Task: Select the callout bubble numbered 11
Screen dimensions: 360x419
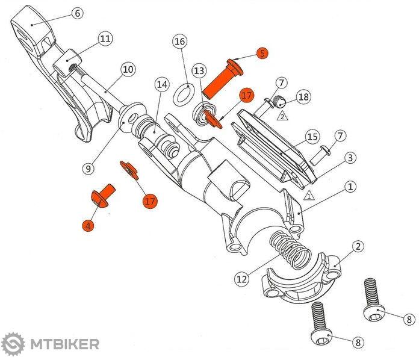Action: (105, 39)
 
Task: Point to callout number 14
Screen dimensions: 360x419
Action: (161, 85)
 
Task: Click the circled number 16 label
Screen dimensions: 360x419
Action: (179, 42)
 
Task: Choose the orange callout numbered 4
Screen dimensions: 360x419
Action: (88, 226)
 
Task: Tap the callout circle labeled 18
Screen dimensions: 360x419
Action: (303, 96)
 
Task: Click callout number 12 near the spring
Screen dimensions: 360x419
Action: (241, 279)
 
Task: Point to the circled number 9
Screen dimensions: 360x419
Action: (88, 169)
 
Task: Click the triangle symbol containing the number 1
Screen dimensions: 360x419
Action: (308, 196)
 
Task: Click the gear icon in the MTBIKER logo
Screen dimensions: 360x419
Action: (12, 344)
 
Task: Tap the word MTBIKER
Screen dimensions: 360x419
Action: (62, 344)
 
